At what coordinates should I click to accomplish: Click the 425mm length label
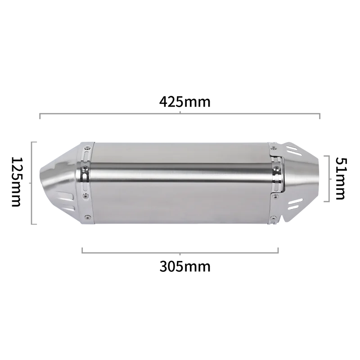tap(185, 102)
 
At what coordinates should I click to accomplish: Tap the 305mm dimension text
tap(185, 266)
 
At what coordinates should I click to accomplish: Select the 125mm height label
tap(17, 182)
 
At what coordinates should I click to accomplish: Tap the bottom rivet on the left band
tap(87, 216)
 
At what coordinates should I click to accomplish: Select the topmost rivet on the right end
tap(274, 148)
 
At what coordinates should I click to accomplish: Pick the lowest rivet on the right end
tap(273, 217)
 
